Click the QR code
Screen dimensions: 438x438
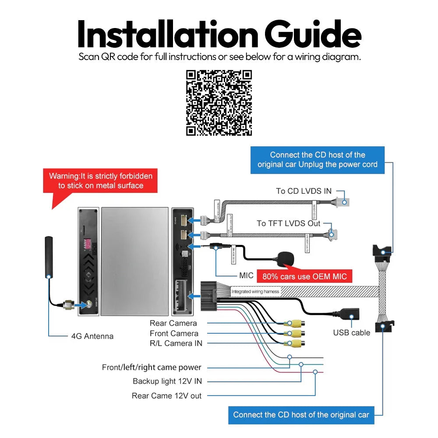click(219, 103)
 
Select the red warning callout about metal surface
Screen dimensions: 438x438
click(101, 181)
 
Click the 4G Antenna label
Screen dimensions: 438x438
click(92, 336)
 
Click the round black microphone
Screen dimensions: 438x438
click(285, 259)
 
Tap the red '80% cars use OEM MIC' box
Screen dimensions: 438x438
click(304, 276)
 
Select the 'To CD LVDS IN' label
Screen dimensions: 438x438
click(304, 191)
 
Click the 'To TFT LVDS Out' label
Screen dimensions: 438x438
click(288, 223)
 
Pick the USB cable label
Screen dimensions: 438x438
click(351, 333)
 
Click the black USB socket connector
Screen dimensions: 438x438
click(349, 314)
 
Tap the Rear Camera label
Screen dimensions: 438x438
click(173, 323)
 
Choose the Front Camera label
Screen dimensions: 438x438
click(174, 333)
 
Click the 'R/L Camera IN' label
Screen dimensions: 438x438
click(176, 343)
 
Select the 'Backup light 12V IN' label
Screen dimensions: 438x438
click(167, 381)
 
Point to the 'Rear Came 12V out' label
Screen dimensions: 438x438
click(166, 396)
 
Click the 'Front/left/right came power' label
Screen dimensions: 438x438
click(152, 367)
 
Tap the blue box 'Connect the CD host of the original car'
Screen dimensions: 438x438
click(301, 415)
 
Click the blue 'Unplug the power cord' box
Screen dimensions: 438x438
click(317, 160)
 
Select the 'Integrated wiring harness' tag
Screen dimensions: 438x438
click(255, 291)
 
